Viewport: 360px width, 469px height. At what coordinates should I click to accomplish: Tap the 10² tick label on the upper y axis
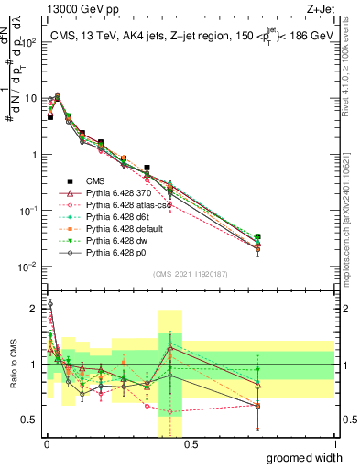(x=29, y=42)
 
